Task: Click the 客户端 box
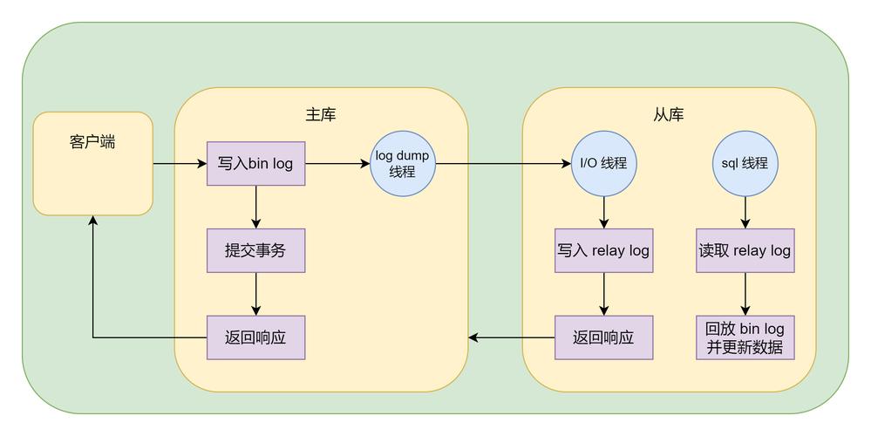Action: [92, 163]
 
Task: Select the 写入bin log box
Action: [255, 163]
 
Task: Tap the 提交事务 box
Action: [255, 251]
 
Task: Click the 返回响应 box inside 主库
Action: [255, 337]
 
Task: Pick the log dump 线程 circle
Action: [403, 163]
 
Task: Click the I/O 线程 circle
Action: [603, 163]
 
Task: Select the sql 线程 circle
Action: [745, 163]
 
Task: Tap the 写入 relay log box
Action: [603, 251]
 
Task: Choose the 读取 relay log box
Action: [745, 251]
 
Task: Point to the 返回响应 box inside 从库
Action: [603, 337]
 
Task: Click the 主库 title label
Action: [320, 114]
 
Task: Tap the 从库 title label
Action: [668, 114]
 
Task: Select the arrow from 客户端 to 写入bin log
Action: [179, 163]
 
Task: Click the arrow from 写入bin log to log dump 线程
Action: [337, 163]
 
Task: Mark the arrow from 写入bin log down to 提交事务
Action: [255, 207]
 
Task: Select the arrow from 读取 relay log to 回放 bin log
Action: [745, 294]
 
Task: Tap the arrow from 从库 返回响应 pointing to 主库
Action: [512, 337]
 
